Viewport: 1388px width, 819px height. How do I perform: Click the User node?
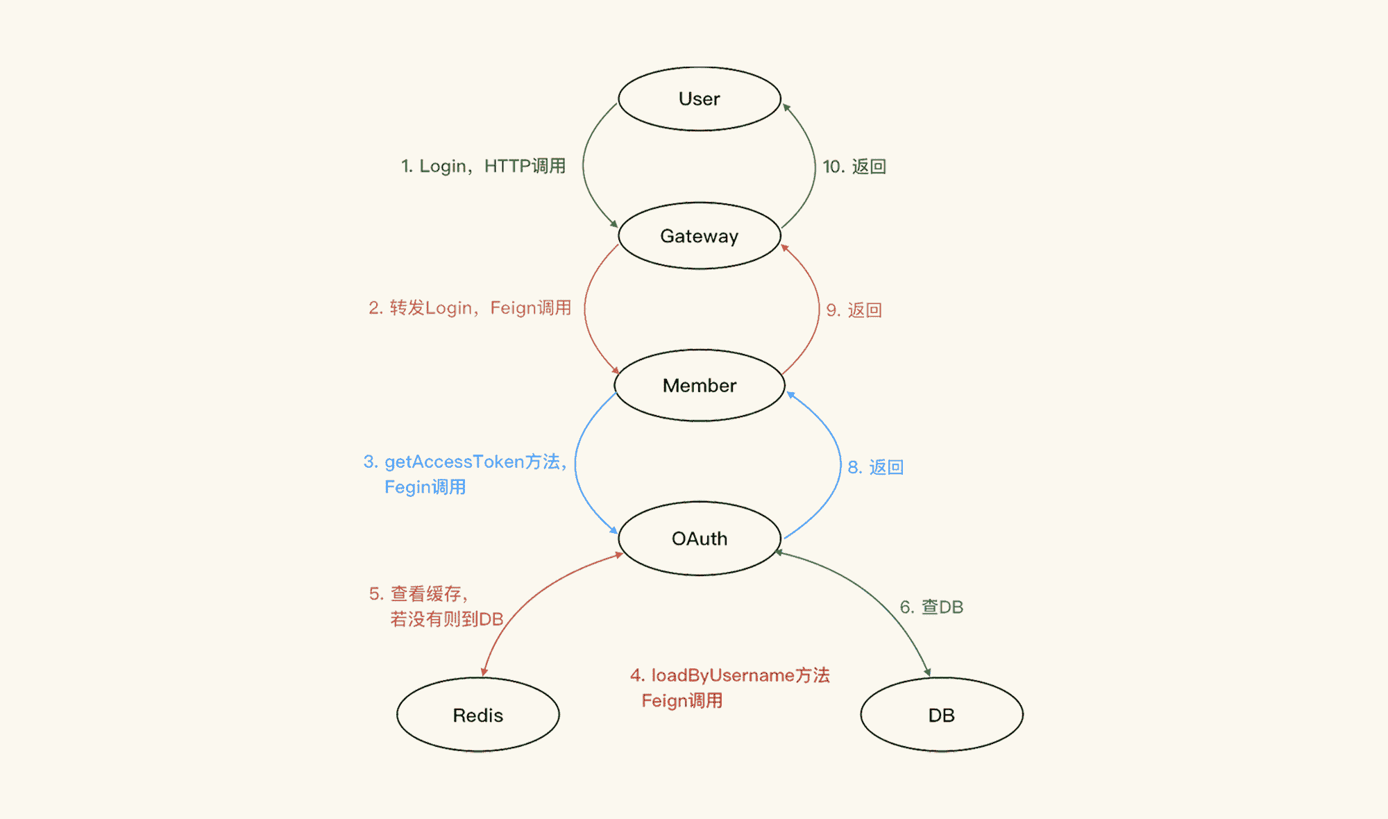(x=699, y=99)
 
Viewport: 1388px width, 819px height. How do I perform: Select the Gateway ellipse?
(x=699, y=236)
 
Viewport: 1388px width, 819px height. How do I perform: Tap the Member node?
(x=699, y=385)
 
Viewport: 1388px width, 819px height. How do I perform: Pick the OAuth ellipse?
(x=699, y=539)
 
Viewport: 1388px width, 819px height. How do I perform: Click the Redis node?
(x=477, y=715)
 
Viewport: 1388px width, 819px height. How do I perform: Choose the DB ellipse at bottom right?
(x=941, y=715)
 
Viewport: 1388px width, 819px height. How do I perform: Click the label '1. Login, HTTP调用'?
(x=483, y=167)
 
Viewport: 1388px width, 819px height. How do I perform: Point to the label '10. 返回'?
(x=854, y=167)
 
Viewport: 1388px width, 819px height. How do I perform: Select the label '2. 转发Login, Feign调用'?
(x=470, y=308)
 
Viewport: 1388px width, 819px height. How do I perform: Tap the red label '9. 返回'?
(x=854, y=310)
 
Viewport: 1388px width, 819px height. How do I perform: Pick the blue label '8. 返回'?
(x=875, y=467)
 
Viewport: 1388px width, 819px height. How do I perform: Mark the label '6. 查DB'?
(x=931, y=607)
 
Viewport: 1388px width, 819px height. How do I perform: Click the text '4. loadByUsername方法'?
(x=730, y=675)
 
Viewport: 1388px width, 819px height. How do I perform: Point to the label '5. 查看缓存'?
(x=418, y=594)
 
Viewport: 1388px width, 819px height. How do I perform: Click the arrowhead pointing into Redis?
(x=484, y=672)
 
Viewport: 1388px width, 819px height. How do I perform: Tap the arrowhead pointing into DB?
(x=927, y=672)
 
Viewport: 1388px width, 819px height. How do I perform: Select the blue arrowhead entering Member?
(x=790, y=396)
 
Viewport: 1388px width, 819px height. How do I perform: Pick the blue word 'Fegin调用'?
(x=425, y=487)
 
